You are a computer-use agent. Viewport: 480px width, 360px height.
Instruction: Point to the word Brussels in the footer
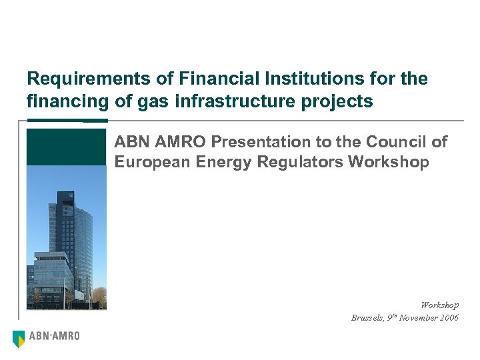pyautogui.click(x=367, y=318)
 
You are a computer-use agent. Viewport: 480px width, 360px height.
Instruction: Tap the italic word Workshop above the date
pyautogui.click(x=439, y=305)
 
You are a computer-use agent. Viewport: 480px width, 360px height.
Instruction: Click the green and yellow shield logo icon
pyautogui.click(x=19, y=339)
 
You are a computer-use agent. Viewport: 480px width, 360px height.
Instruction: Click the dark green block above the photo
pyautogui.click(x=66, y=147)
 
